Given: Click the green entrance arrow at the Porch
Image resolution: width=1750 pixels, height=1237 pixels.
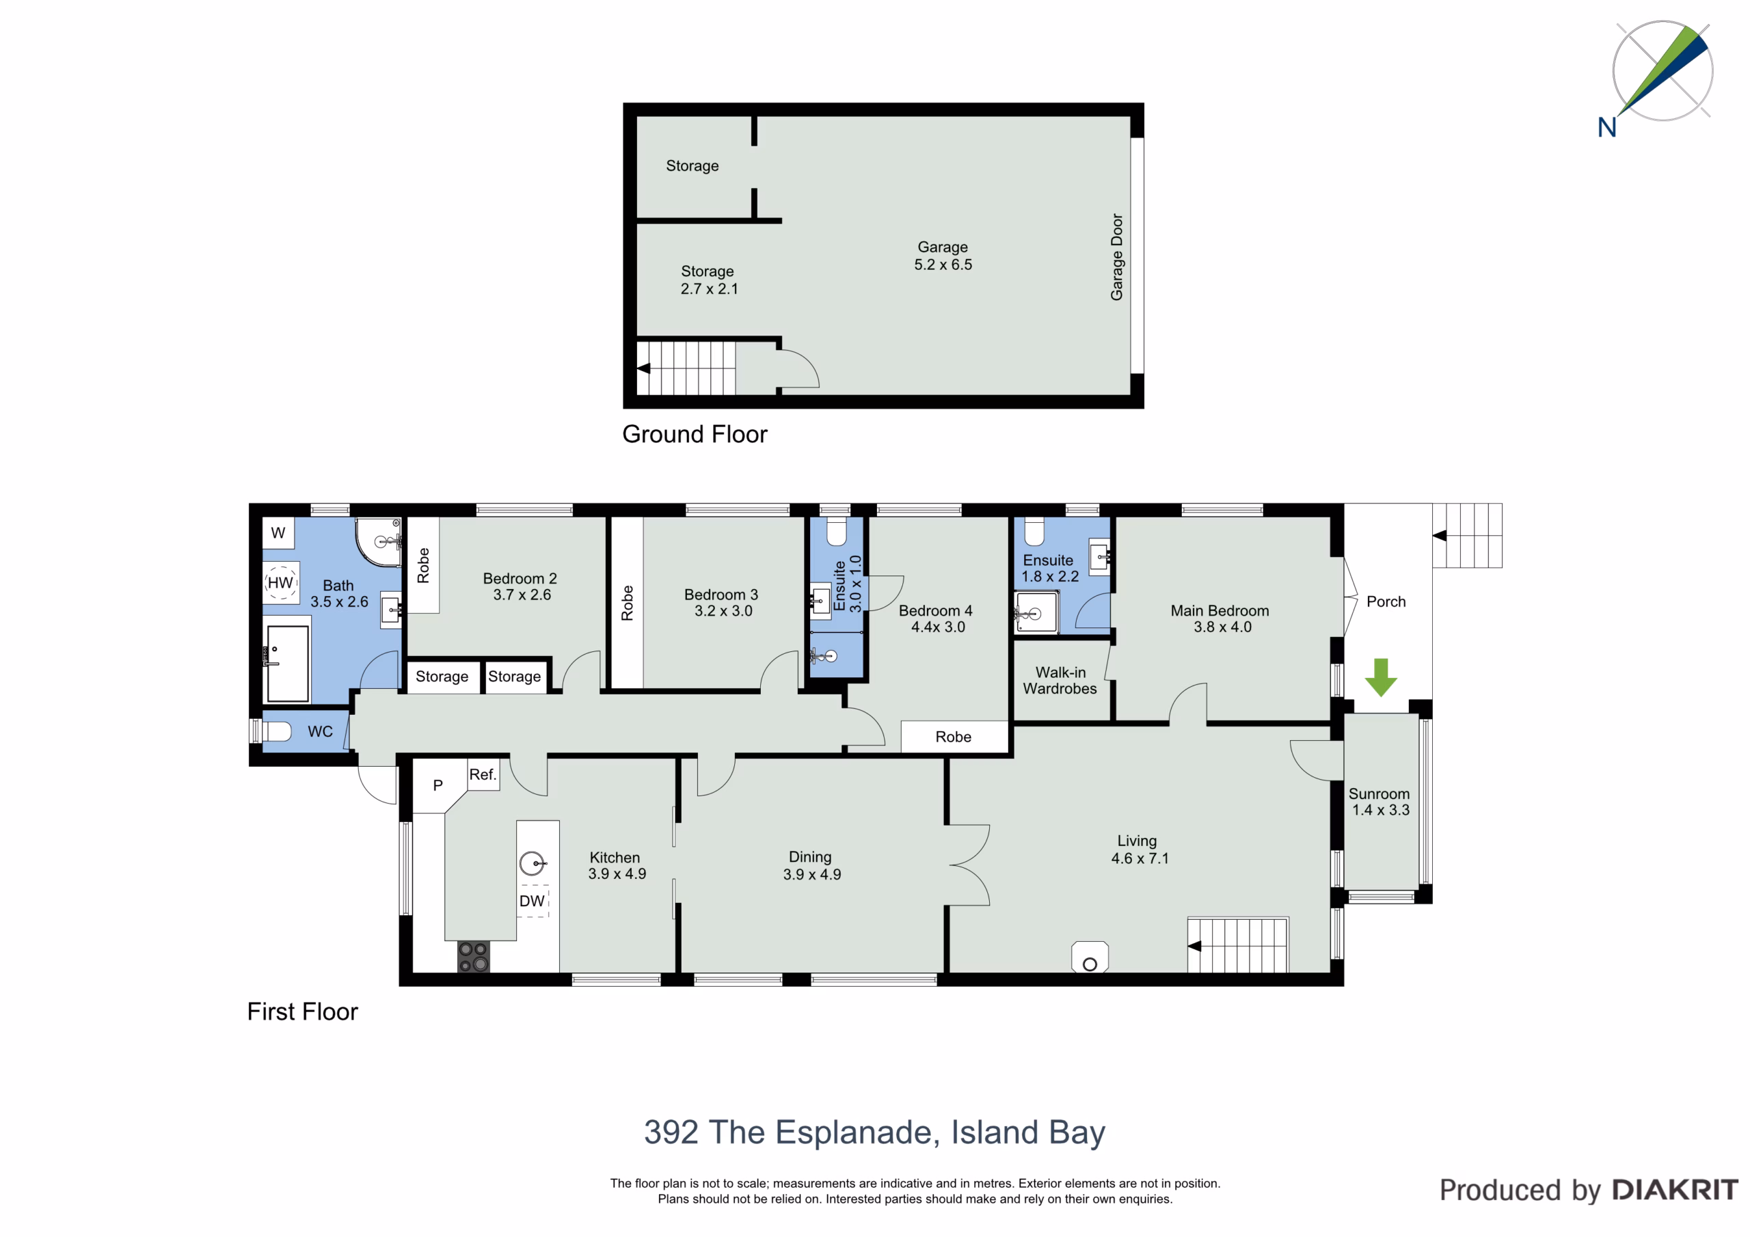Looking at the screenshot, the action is tap(1380, 677).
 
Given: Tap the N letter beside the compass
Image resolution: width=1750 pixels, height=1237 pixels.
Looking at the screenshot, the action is tap(1606, 127).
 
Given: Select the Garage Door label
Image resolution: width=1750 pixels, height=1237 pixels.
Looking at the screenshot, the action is tap(1116, 257).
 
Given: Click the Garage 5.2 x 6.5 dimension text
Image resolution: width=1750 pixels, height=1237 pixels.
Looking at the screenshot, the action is tap(943, 264).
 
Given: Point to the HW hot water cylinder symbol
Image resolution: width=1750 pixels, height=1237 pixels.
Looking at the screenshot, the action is tap(280, 583).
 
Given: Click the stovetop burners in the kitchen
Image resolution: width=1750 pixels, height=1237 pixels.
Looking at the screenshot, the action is tap(473, 957).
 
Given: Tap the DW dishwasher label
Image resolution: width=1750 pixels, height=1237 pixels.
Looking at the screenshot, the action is tap(532, 901).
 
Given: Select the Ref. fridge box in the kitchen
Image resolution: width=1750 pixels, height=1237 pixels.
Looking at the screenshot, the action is tap(483, 774).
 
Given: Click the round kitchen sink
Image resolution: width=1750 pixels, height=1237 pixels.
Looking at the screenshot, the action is tap(533, 864).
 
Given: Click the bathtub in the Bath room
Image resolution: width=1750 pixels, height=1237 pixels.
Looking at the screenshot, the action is tap(287, 664).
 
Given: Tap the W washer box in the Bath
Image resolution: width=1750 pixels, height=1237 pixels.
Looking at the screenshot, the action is tap(278, 533).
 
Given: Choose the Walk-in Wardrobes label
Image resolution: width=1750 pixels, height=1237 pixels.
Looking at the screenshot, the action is tap(1060, 681).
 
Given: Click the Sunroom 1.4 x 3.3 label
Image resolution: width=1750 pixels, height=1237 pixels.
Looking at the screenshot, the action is tap(1380, 802).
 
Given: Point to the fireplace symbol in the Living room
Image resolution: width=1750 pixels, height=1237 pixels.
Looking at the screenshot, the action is tap(1090, 957).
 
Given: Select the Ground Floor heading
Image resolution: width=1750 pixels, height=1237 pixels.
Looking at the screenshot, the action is tap(695, 434).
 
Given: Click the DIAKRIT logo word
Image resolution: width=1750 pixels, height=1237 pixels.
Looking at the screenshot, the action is tap(1675, 1190).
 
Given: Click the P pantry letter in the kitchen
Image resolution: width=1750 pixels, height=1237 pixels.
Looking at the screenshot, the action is tap(437, 785).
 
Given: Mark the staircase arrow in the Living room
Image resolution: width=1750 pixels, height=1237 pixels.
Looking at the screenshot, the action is tap(1194, 946).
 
